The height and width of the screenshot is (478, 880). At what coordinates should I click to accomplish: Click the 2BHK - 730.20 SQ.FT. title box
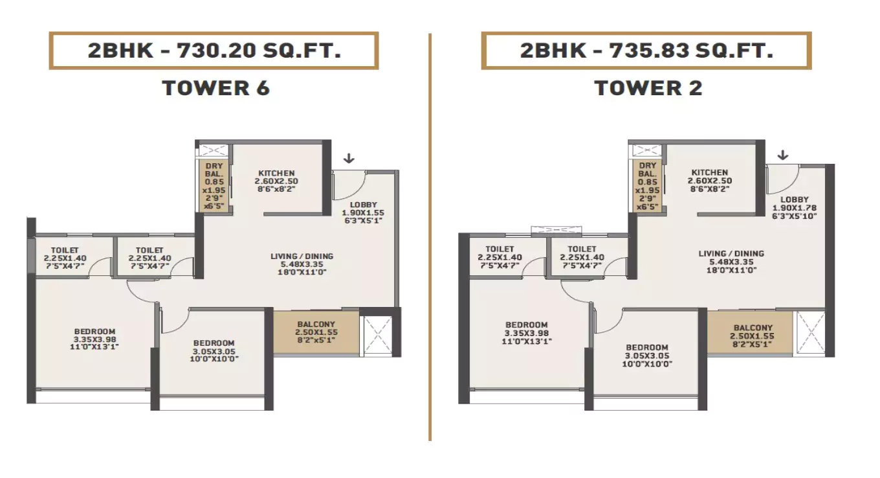(x=214, y=51)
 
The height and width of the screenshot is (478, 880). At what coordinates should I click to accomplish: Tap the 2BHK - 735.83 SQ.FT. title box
(x=646, y=51)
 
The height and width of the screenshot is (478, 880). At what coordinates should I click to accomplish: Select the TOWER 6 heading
(x=215, y=88)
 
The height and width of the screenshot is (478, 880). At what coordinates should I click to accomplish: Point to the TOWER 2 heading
(x=648, y=88)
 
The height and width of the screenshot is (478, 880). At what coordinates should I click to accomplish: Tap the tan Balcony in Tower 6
(x=316, y=332)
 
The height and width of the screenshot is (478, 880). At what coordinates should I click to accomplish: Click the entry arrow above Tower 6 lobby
(x=349, y=158)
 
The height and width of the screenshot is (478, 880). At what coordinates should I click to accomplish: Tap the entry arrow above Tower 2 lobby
(x=782, y=155)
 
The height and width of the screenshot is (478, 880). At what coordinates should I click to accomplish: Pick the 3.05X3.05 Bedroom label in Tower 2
(x=646, y=356)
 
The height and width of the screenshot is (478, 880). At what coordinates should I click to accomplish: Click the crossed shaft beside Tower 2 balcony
(x=809, y=332)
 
